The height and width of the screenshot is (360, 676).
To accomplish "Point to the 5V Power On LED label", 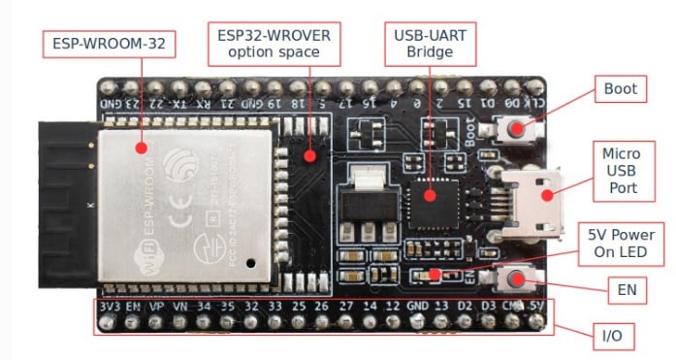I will (622, 244).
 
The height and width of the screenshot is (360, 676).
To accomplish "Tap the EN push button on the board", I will (514, 279).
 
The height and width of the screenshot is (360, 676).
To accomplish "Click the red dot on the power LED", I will (434, 275).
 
